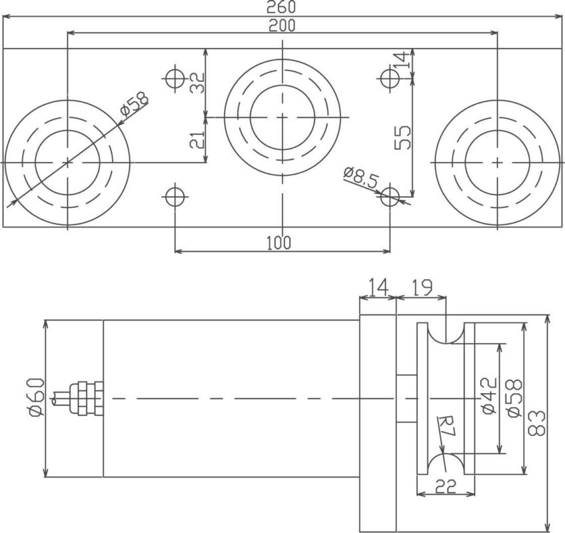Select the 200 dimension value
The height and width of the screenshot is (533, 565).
pyautogui.click(x=282, y=25)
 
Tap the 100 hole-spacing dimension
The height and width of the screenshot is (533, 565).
pyautogui.click(x=279, y=243)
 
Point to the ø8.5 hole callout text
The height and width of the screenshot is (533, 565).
pyautogui.click(x=362, y=177)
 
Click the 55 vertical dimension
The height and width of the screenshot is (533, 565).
pyautogui.click(x=402, y=137)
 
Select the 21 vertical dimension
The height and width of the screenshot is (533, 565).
pyautogui.click(x=196, y=140)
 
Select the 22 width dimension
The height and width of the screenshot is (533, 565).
pyautogui.click(x=444, y=487)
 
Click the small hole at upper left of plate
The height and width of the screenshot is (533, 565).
pyautogui.click(x=175, y=77)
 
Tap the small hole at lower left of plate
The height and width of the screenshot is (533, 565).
pyautogui.click(x=174, y=197)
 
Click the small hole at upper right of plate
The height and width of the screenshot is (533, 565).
pyautogui.click(x=390, y=78)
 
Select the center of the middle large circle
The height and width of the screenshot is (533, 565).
pyautogui.click(x=282, y=117)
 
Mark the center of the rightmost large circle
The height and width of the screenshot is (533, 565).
pyautogui.click(x=496, y=162)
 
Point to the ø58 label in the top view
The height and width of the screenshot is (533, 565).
pyautogui.click(x=135, y=105)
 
